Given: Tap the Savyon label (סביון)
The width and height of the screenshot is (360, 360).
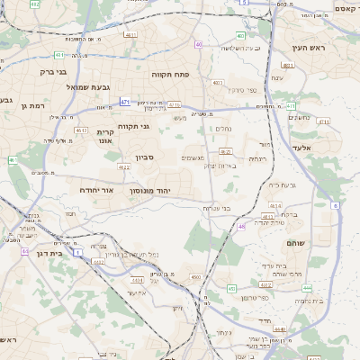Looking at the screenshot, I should pyautogui.click(x=146, y=157).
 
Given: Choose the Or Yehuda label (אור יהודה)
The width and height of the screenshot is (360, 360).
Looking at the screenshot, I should pyautogui.click(x=94, y=192).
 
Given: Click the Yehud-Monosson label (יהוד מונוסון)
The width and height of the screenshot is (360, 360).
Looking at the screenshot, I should pyautogui.click(x=163, y=179).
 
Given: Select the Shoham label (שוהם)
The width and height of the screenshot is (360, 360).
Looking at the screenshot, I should pyautogui.click(x=296, y=244).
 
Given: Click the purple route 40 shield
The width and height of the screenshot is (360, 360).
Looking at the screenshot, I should pyautogui.click(x=198, y=44).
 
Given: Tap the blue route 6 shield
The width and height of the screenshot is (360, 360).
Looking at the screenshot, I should pyautogui.click(x=336, y=206).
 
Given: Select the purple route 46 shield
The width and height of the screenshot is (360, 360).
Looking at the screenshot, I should pyautogui.click(x=241, y=226).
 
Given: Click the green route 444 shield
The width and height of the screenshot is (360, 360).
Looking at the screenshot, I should pyautogui.click(x=307, y=287).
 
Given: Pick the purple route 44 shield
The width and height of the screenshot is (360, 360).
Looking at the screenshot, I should pyautogui.click(x=24, y=251).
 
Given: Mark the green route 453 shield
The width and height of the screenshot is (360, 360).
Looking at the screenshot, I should pyautogui.click(x=231, y=288).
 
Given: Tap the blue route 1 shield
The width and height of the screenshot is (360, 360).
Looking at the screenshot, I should pyautogui.click(x=77, y=253).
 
